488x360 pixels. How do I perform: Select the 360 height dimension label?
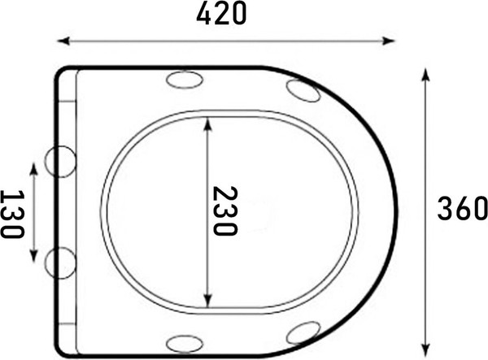(x=461, y=210)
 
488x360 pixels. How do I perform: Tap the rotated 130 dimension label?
(x=11, y=214)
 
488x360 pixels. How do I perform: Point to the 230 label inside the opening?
(x=224, y=211)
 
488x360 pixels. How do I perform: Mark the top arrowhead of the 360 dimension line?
(x=425, y=73)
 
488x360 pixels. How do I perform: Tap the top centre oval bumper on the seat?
(x=184, y=80)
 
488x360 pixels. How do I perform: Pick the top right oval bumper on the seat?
(x=303, y=92)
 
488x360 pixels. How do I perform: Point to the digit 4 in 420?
(x=203, y=14)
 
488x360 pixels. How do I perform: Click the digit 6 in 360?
(x=461, y=210)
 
